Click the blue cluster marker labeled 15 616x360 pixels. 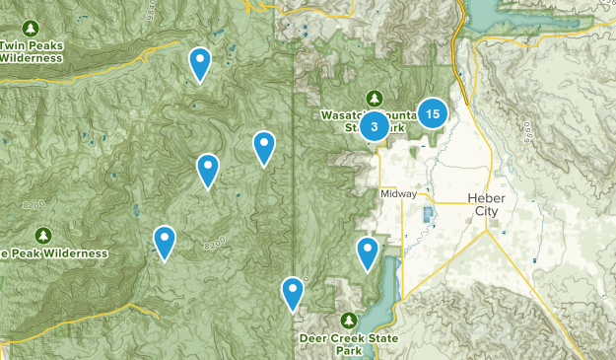click(433, 113)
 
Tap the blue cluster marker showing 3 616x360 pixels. click(375, 126)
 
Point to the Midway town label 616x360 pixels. click(398, 194)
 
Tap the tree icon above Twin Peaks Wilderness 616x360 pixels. click(31, 27)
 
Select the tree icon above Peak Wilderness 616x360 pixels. click(42, 235)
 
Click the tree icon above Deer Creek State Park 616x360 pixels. click(349, 320)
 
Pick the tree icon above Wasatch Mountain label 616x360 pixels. click(374, 97)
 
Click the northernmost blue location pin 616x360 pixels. click(200, 63)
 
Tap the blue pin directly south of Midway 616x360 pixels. click(368, 252)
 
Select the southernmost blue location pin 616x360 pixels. click(293, 292)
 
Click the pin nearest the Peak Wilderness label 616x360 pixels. click(165, 241)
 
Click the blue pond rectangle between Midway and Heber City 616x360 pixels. click(428, 215)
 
